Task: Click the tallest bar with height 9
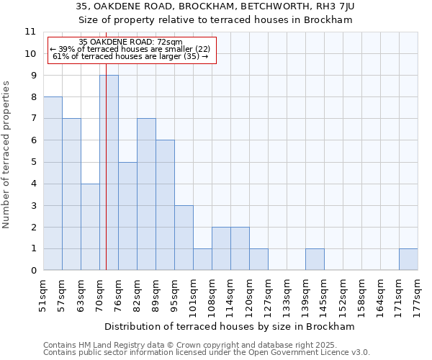[x=109, y=173]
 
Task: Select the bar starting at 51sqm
[x=53, y=184]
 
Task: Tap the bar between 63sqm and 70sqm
[x=90, y=227]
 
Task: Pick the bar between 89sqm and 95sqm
[x=165, y=205]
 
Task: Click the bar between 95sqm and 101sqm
[x=184, y=238]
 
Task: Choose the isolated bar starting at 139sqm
[x=315, y=260]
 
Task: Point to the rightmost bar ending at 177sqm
[x=408, y=260]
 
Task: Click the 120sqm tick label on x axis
[x=250, y=294]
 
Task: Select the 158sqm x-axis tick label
[x=362, y=294]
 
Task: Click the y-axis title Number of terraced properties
[x=7, y=155]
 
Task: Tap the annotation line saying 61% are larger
[x=130, y=56]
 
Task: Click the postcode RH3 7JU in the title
[x=338, y=6]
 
